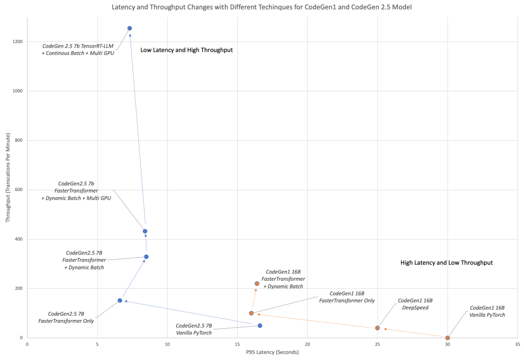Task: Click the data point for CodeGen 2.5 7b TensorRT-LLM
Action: click(x=130, y=28)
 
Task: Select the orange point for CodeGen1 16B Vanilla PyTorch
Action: click(x=448, y=338)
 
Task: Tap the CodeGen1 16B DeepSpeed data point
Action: click(x=378, y=328)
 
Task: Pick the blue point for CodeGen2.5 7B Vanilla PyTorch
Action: click(x=260, y=326)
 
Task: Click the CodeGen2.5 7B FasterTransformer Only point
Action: click(x=120, y=301)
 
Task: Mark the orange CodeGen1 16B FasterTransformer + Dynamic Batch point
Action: click(x=257, y=284)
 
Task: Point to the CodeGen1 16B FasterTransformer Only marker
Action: click(x=251, y=313)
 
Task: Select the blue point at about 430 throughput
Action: click(x=145, y=231)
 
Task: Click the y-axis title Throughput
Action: click(x=8, y=177)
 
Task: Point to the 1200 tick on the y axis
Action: click(x=18, y=41)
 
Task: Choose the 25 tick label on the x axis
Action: click(x=378, y=345)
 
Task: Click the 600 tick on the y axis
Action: click(x=19, y=190)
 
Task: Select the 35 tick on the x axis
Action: click(x=517, y=345)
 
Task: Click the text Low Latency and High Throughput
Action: click(x=186, y=50)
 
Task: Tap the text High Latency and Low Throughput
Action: click(x=446, y=263)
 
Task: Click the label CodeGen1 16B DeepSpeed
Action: click(x=415, y=304)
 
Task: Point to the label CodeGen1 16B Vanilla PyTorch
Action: click(x=487, y=311)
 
